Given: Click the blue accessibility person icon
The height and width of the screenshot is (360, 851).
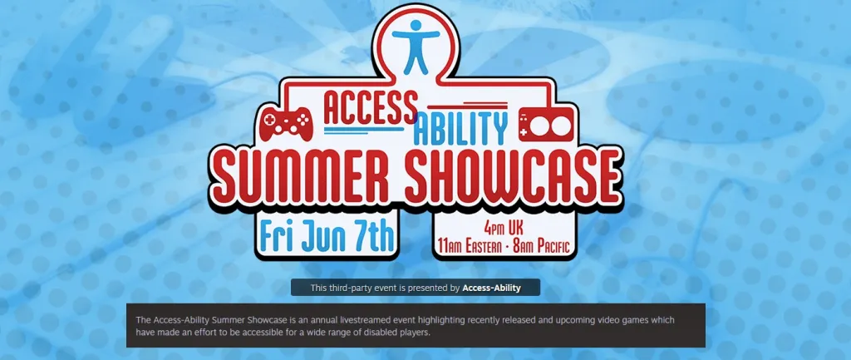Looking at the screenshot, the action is pyautogui.click(x=416, y=47).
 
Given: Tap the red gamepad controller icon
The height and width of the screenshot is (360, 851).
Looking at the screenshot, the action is pyautogui.click(x=286, y=125).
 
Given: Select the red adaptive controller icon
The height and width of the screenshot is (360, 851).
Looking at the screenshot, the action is pyautogui.click(x=545, y=125).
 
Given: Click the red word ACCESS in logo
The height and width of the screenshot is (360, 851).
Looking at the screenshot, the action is pyautogui.click(x=371, y=107).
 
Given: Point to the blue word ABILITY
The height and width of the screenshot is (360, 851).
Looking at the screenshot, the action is pyautogui.click(x=460, y=129).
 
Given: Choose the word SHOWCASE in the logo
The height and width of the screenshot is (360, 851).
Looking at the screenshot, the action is pyautogui.click(x=512, y=174).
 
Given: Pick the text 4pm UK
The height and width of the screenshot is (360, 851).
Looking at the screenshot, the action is pyautogui.click(x=504, y=228).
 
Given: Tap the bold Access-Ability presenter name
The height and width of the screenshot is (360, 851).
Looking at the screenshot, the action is pyautogui.click(x=491, y=288).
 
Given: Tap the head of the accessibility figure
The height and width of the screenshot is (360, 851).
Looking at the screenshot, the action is pyautogui.click(x=416, y=25).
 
